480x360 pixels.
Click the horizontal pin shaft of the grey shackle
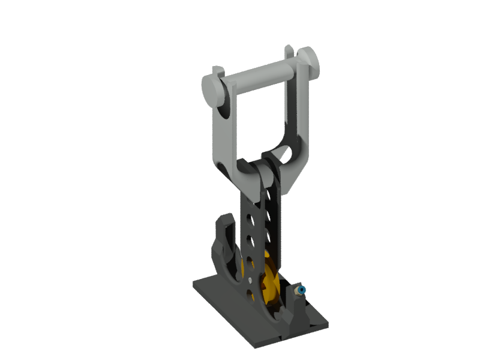click(258, 77)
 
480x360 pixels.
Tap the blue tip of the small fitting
click(302, 290)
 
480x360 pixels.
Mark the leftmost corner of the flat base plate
click(194, 286)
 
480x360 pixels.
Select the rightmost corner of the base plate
click(328, 324)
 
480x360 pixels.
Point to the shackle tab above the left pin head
click(218, 72)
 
